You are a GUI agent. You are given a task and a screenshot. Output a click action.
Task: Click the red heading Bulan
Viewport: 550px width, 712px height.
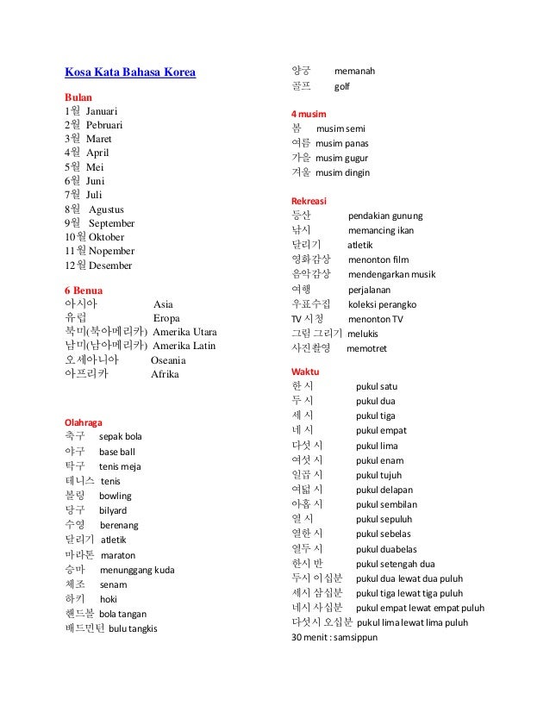tap(80, 97)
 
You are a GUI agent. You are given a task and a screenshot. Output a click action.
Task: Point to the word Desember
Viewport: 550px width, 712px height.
tap(110, 265)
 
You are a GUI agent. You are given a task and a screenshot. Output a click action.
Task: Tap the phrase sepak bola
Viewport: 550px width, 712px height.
tap(121, 437)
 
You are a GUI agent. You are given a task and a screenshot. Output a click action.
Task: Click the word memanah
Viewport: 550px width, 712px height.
tap(354, 71)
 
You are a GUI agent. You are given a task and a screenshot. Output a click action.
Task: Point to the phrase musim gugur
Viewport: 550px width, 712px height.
tap(341, 159)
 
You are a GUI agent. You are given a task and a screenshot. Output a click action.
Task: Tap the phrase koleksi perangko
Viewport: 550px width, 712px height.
tap(383, 304)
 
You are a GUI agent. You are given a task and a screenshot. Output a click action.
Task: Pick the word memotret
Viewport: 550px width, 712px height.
tap(366, 348)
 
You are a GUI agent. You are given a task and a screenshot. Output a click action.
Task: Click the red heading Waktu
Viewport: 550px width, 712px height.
tap(306, 372)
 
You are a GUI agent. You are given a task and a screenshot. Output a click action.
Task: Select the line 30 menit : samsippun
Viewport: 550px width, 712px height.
tap(335, 637)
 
